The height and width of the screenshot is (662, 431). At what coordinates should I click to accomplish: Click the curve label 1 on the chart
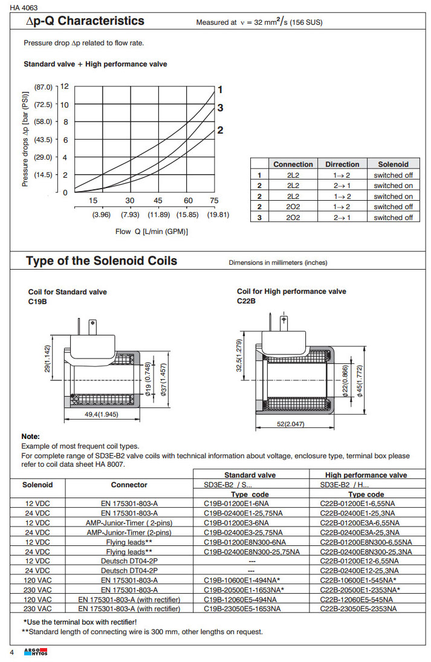tap(221, 89)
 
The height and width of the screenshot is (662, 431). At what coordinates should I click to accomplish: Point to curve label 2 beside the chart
tap(221, 130)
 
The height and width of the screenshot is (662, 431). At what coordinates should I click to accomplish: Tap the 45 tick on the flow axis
tap(158, 201)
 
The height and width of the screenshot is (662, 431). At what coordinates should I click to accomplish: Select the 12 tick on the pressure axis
tap(64, 87)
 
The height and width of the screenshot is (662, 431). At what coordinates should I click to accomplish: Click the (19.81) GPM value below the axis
tap(218, 214)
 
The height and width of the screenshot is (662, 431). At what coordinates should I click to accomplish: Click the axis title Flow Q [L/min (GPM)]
tap(152, 231)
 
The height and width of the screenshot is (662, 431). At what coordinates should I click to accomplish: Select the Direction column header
tap(342, 164)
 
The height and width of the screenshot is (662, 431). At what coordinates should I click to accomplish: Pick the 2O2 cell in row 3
tap(293, 217)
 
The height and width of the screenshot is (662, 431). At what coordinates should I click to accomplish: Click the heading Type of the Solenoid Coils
tap(102, 261)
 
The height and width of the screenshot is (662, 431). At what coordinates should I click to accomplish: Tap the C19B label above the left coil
tap(37, 300)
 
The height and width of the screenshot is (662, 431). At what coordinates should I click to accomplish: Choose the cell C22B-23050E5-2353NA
tap(358, 609)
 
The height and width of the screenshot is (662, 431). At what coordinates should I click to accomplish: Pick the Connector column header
tap(129, 485)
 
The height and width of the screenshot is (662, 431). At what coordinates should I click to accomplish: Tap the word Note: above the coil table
tap(31, 436)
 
